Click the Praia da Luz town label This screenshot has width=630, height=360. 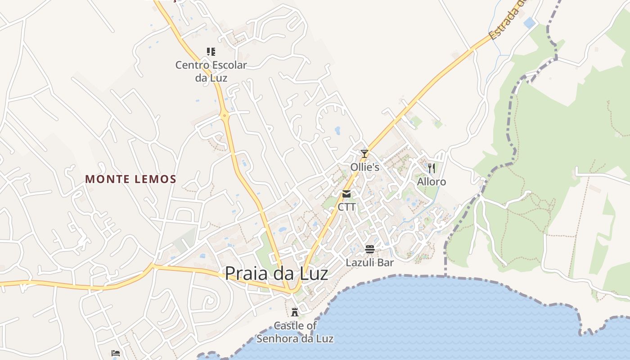[x=276, y=274]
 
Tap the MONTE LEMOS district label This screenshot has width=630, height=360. [x=130, y=179]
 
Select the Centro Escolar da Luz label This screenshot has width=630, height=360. [x=211, y=71]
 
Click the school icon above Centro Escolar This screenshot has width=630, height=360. [x=211, y=52]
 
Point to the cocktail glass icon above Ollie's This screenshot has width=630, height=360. [x=364, y=154]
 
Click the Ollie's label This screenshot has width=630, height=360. [x=365, y=167]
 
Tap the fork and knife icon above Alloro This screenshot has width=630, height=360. [x=432, y=168]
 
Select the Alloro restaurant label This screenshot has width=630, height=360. [x=432, y=182]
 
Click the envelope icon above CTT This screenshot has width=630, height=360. [x=346, y=194]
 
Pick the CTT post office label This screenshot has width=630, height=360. [x=346, y=207]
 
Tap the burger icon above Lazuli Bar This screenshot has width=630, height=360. [x=370, y=249]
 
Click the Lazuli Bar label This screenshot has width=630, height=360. [x=370, y=262]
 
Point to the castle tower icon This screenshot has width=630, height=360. [x=295, y=312]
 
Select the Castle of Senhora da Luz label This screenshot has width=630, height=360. [x=295, y=332]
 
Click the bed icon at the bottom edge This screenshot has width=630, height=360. [x=116, y=353]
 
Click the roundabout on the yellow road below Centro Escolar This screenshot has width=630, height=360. [x=225, y=116]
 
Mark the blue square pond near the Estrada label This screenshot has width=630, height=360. [x=530, y=22]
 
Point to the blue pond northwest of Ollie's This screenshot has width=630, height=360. [x=337, y=130]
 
